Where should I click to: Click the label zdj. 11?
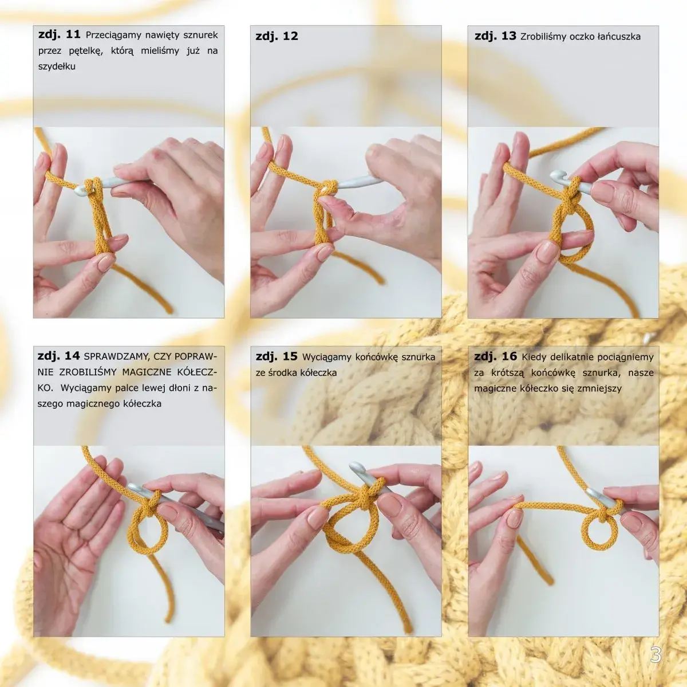click(60, 35)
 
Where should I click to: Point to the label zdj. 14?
click(59, 356)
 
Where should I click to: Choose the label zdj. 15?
click(277, 356)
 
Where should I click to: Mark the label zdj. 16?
click(495, 356)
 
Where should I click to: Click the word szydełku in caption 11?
click(57, 66)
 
